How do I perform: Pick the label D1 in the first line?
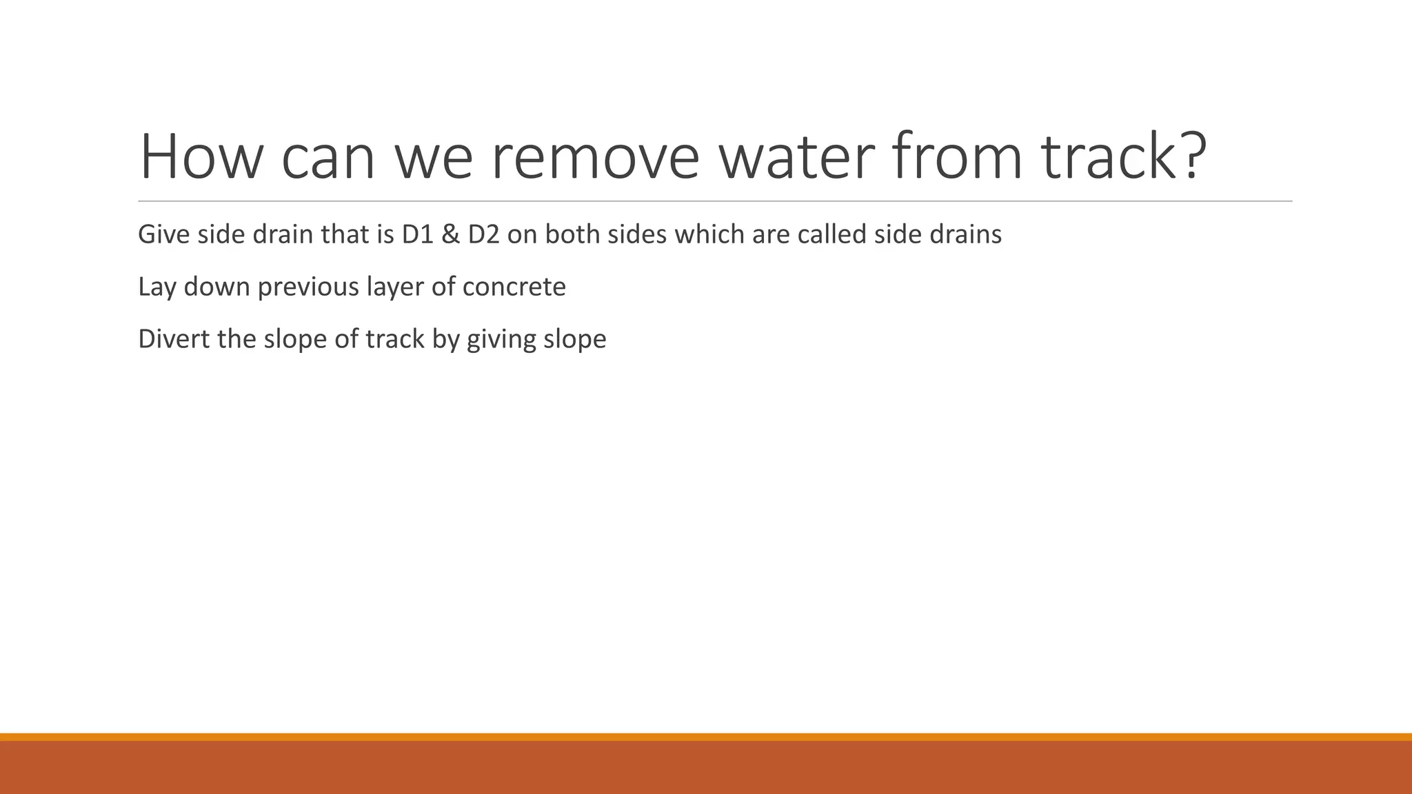click(416, 235)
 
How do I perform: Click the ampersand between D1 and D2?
click(450, 235)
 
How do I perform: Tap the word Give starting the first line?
click(163, 235)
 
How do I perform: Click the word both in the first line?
click(572, 235)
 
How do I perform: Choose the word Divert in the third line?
click(173, 339)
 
